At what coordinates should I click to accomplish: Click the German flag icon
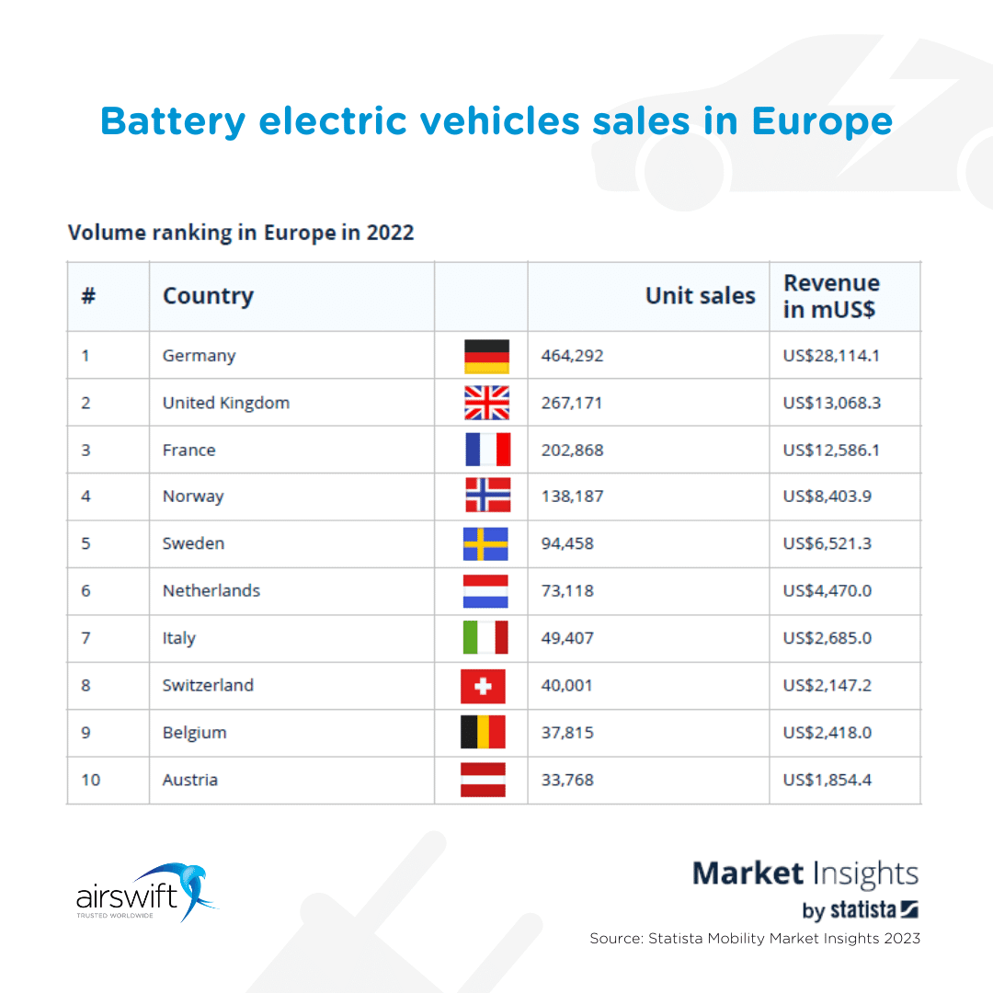pos(486,356)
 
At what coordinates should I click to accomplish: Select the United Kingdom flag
pos(486,403)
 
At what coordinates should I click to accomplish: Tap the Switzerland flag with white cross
pos(483,686)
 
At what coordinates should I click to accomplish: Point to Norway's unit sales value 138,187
pos(573,496)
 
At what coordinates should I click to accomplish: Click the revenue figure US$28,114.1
pos(831,356)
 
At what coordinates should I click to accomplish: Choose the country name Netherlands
pos(211,591)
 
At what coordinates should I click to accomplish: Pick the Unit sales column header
pos(700,296)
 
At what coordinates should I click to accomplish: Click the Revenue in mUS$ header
pos(831,296)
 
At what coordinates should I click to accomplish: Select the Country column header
pos(208,296)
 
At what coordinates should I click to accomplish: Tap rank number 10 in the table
pos(90,780)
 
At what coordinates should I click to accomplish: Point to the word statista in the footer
pos(862,910)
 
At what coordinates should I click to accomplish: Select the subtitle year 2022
pos(390,233)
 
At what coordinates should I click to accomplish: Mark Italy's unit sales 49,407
pos(567,638)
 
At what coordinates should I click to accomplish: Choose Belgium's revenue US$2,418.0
pos(827,733)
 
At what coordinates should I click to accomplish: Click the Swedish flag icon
pos(485,544)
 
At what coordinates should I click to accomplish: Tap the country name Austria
pos(190,780)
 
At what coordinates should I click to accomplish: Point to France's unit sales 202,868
pos(573,451)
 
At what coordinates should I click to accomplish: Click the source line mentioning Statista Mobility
pos(754,939)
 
